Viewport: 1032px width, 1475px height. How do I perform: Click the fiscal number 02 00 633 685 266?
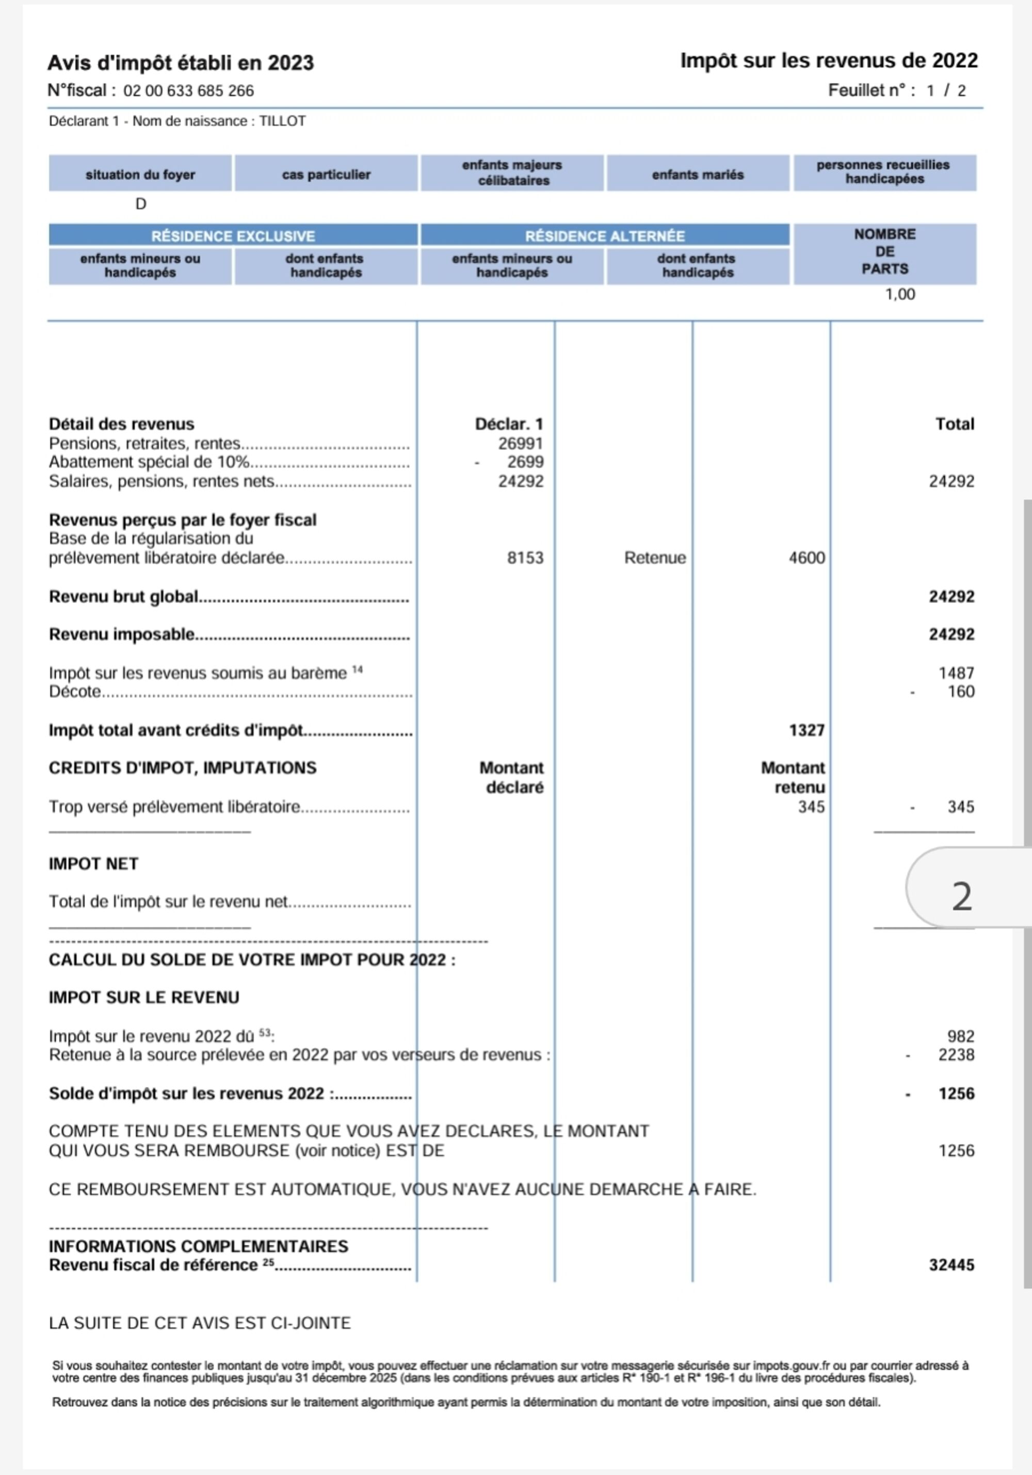188,90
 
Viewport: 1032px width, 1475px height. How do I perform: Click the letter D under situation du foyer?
141,204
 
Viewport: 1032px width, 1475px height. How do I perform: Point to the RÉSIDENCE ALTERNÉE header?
604,236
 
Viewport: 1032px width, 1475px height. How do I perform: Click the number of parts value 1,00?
900,294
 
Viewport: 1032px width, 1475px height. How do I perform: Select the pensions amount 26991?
520,443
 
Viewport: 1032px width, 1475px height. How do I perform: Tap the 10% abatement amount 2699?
525,462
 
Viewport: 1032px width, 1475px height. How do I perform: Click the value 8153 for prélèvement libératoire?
525,558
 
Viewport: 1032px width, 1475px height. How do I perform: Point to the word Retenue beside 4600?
654,558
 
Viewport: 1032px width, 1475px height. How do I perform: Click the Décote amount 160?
961,692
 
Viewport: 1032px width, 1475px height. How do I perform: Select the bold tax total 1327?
806,731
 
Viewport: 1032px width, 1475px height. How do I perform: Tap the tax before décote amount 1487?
956,673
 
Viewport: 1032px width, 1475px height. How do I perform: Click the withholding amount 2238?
956,1055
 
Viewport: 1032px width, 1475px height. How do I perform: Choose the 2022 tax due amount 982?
960,1036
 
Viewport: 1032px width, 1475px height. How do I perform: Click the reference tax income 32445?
951,1265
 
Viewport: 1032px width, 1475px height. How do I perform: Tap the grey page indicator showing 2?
961,896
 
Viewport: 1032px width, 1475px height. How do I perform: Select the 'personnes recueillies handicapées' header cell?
884,172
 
